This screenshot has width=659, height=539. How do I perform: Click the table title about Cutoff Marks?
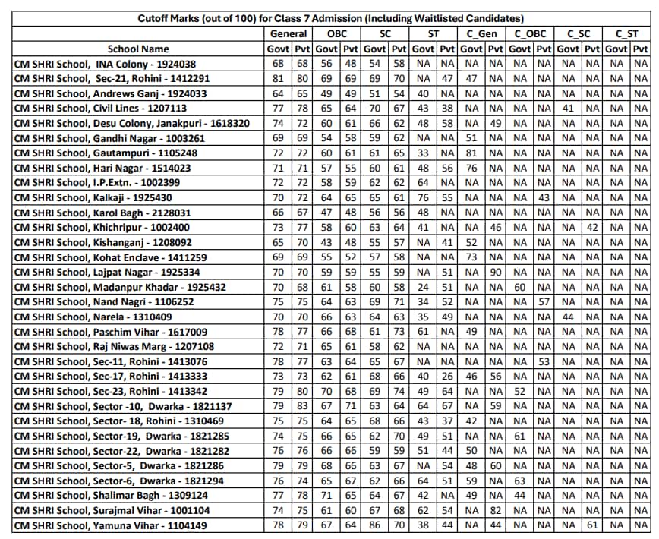click(x=330, y=19)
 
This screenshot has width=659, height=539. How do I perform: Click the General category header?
click(x=289, y=34)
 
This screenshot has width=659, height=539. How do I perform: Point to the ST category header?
click(x=434, y=34)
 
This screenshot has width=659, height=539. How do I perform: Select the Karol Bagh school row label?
click(x=102, y=213)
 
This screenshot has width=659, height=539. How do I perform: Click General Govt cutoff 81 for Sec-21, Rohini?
click(x=278, y=79)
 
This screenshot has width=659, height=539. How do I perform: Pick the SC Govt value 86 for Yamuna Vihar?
click(x=374, y=525)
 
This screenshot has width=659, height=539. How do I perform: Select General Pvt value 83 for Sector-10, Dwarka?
click(x=302, y=406)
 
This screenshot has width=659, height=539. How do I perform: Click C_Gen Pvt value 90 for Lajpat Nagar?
click(x=496, y=272)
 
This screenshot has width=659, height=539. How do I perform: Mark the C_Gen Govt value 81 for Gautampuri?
click(x=471, y=153)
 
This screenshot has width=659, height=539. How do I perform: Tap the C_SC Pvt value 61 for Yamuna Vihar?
click(x=593, y=525)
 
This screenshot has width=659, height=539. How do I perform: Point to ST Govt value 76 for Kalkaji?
click(x=423, y=197)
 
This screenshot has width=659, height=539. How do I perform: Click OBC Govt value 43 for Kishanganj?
click(x=326, y=242)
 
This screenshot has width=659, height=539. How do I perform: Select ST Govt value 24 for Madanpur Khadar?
click(x=423, y=287)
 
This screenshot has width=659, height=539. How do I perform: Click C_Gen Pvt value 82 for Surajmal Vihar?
click(x=496, y=510)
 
